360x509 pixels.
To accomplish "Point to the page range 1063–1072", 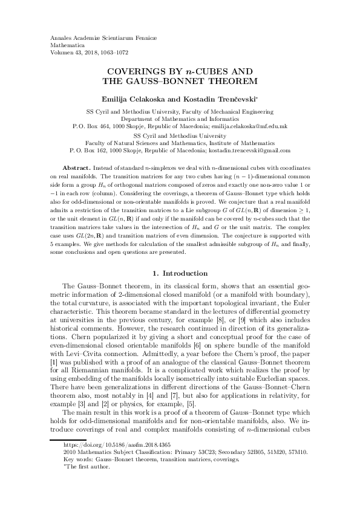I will (122, 52).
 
